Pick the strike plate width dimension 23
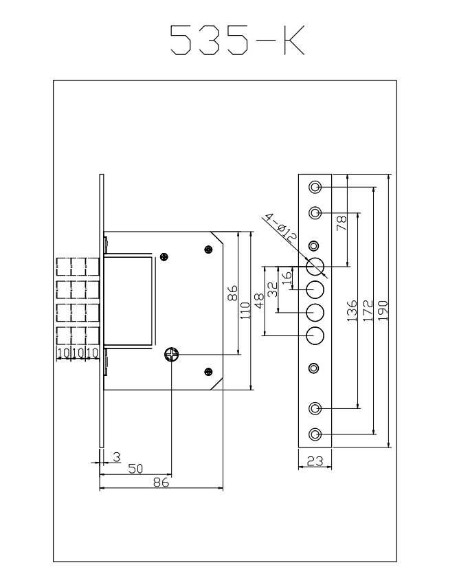(315, 462)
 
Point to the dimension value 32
(273, 289)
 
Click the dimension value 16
(287, 278)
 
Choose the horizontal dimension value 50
(136, 468)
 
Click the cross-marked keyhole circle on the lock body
(171, 354)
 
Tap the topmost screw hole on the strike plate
(315, 187)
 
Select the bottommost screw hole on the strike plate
(315, 434)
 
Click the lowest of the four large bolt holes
(315, 335)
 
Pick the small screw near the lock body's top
(164, 257)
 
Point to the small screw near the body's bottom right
(208, 372)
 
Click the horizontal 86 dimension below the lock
(161, 483)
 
